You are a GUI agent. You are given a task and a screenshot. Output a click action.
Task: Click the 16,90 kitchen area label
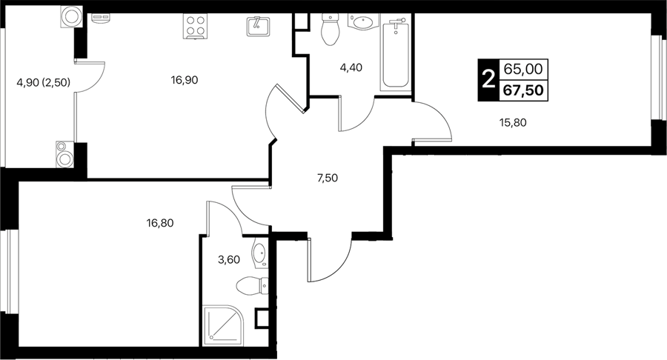point(185,80)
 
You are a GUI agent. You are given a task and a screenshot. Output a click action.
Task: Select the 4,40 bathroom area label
point(351,67)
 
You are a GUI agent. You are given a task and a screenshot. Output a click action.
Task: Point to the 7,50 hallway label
point(327,178)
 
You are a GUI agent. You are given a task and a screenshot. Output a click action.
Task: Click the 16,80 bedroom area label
point(160,223)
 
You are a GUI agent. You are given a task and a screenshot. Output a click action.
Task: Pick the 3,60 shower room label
point(229,260)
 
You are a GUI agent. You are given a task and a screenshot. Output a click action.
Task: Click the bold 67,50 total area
point(524,90)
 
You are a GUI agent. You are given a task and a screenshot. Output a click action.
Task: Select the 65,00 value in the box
point(524,68)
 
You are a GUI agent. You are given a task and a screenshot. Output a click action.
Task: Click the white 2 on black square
point(488,79)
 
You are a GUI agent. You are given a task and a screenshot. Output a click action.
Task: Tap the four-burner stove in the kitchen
point(195,26)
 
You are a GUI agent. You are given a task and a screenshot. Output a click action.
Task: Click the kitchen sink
point(258,27)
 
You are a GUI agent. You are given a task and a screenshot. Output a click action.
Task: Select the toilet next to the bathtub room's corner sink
point(330,30)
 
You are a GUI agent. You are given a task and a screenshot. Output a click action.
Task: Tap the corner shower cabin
point(223,324)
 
